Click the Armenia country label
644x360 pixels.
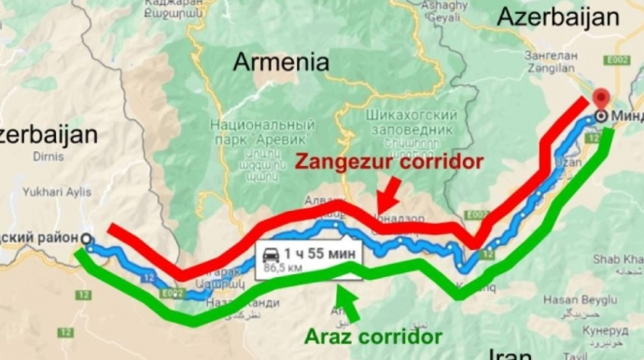click(281, 62)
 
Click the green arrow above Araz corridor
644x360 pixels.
click(342, 298)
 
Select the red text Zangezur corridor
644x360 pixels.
click(389, 161)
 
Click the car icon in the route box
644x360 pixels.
click(271, 254)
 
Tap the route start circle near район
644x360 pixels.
click(87, 239)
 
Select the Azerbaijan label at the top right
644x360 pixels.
click(558, 17)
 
